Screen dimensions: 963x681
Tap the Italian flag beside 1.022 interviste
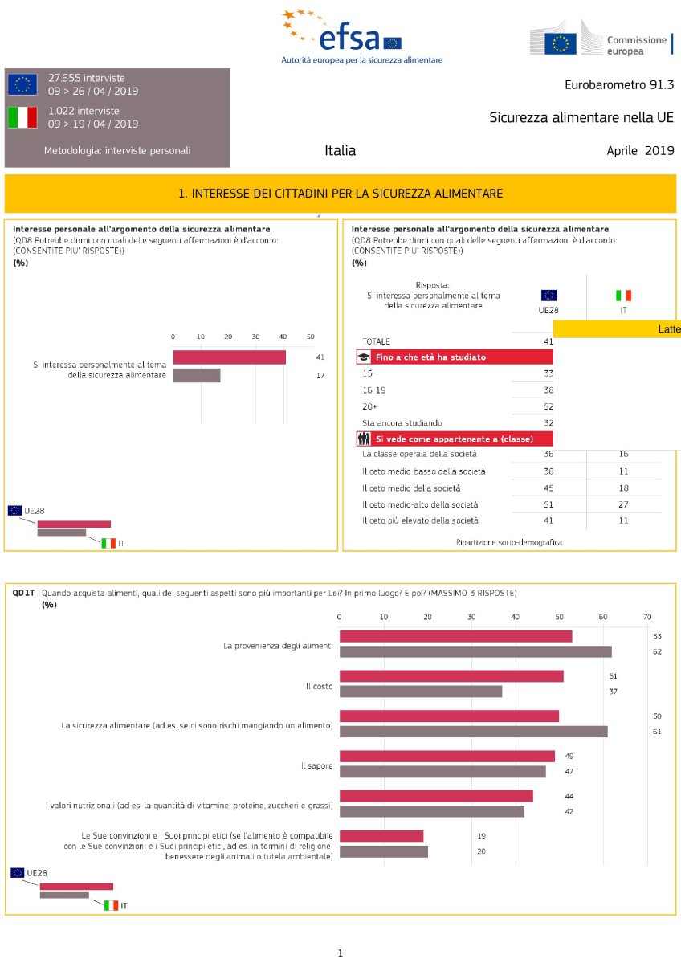pyautogui.click(x=22, y=117)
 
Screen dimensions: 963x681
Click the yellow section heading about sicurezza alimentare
pyautogui.click(x=340, y=194)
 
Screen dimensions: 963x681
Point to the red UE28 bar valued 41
pyautogui.click(x=229, y=357)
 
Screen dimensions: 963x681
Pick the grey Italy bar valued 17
pyautogui.click(x=197, y=375)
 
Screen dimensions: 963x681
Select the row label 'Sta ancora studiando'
pyautogui.click(x=402, y=422)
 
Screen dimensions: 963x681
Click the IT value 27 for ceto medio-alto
pyautogui.click(x=623, y=504)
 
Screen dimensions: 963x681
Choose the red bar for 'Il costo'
pyautogui.click(x=451, y=675)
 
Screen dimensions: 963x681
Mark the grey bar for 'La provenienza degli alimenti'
pyautogui.click(x=475, y=651)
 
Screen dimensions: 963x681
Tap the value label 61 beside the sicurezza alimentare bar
pyautogui.click(x=657, y=732)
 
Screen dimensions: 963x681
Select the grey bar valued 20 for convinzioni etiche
pyautogui.click(x=384, y=851)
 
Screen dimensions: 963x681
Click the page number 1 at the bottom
pyautogui.click(x=340, y=953)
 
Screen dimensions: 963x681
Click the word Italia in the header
pyautogui.click(x=340, y=150)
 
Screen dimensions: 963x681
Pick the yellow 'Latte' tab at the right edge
pyautogui.click(x=667, y=328)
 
